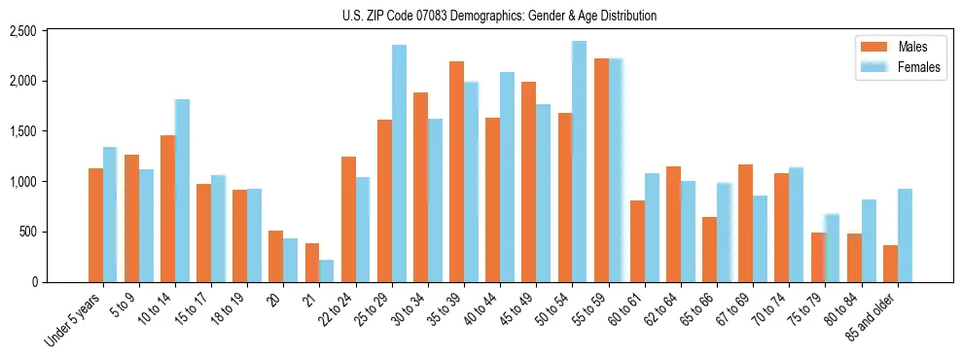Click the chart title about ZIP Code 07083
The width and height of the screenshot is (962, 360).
[499, 16]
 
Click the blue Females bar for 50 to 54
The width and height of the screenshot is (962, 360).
[579, 162]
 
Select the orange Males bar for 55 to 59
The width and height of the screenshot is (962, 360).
[601, 170]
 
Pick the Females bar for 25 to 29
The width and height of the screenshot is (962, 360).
[399, 163]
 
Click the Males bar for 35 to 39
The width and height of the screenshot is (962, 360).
[456, 171]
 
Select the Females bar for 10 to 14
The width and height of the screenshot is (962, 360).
[182, 191]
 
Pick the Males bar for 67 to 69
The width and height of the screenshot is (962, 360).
[745, 223]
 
